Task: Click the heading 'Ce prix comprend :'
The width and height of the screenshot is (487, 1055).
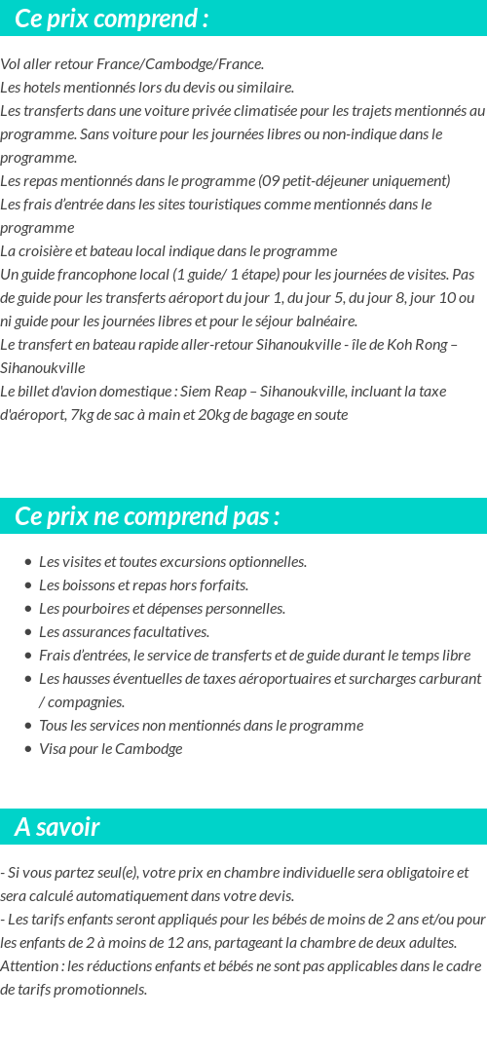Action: coord(112,19)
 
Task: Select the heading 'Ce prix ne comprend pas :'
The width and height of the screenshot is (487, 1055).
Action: coord(147,516)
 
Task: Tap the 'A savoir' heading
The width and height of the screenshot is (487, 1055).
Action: coord(57,827)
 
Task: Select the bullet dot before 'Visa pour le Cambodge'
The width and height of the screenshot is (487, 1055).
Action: coord(28,749)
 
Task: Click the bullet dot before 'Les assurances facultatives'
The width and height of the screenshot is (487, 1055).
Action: coord(28,632)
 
